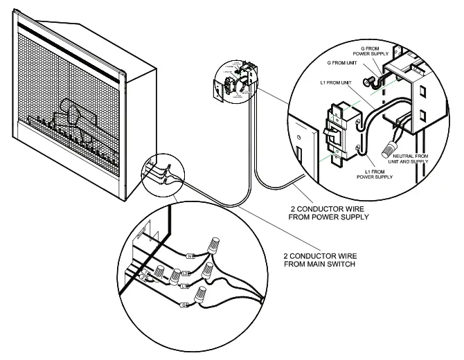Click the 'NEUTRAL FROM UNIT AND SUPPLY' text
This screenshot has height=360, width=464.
point(412,161)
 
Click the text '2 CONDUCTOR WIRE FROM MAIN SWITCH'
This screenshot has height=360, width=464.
point(320,259)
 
